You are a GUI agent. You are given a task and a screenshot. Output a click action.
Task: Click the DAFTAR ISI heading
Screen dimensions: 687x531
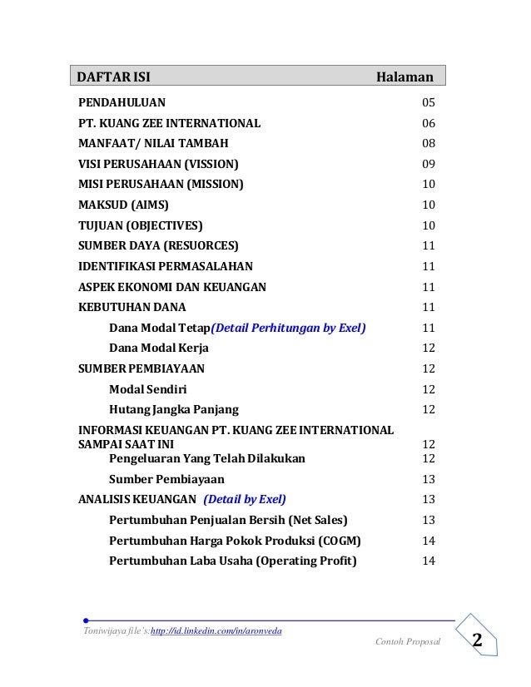click(x=114, y=77)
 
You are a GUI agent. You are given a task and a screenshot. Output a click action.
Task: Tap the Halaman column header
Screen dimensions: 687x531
click(x=404, y=77)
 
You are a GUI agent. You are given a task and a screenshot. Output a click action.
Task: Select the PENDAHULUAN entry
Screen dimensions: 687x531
click(x=122, y=103)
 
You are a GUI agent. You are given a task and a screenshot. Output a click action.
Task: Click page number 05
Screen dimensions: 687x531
click(x=429, y=103)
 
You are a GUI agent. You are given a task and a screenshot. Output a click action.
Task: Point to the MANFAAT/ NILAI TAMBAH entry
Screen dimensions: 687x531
click(x=141, y=143)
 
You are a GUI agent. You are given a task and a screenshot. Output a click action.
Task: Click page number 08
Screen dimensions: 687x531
click(x=429, y=143)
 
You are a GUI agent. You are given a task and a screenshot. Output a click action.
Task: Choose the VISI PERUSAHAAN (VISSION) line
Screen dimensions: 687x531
click(x=158, y=164)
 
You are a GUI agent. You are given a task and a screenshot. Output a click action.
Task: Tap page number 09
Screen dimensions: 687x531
click(x=429, y=164)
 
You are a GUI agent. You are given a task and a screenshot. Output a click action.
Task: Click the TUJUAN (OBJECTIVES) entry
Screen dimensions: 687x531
click(x=140, y=225)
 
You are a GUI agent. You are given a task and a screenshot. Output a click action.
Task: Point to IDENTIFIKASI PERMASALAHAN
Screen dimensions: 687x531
click(x=166, y=266)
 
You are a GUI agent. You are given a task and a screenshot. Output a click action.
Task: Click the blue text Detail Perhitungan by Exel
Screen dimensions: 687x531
click(x=289, y=328)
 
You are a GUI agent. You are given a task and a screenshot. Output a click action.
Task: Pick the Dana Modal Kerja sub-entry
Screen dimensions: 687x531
click(x=159, y=348)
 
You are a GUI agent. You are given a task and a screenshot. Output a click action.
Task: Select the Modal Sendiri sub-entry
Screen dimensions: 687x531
click(x=148, y=388)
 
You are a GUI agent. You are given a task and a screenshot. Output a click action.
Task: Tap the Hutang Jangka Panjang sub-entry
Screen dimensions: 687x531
click(x=174, y=409)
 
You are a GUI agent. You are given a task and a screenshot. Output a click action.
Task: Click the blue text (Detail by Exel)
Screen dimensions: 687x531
click(x=245, y=499)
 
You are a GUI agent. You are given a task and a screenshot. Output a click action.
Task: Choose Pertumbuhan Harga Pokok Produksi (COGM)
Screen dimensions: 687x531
click(x=235, y=540)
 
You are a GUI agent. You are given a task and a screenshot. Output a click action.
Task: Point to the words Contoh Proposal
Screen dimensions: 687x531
click(x=407, y=643)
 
